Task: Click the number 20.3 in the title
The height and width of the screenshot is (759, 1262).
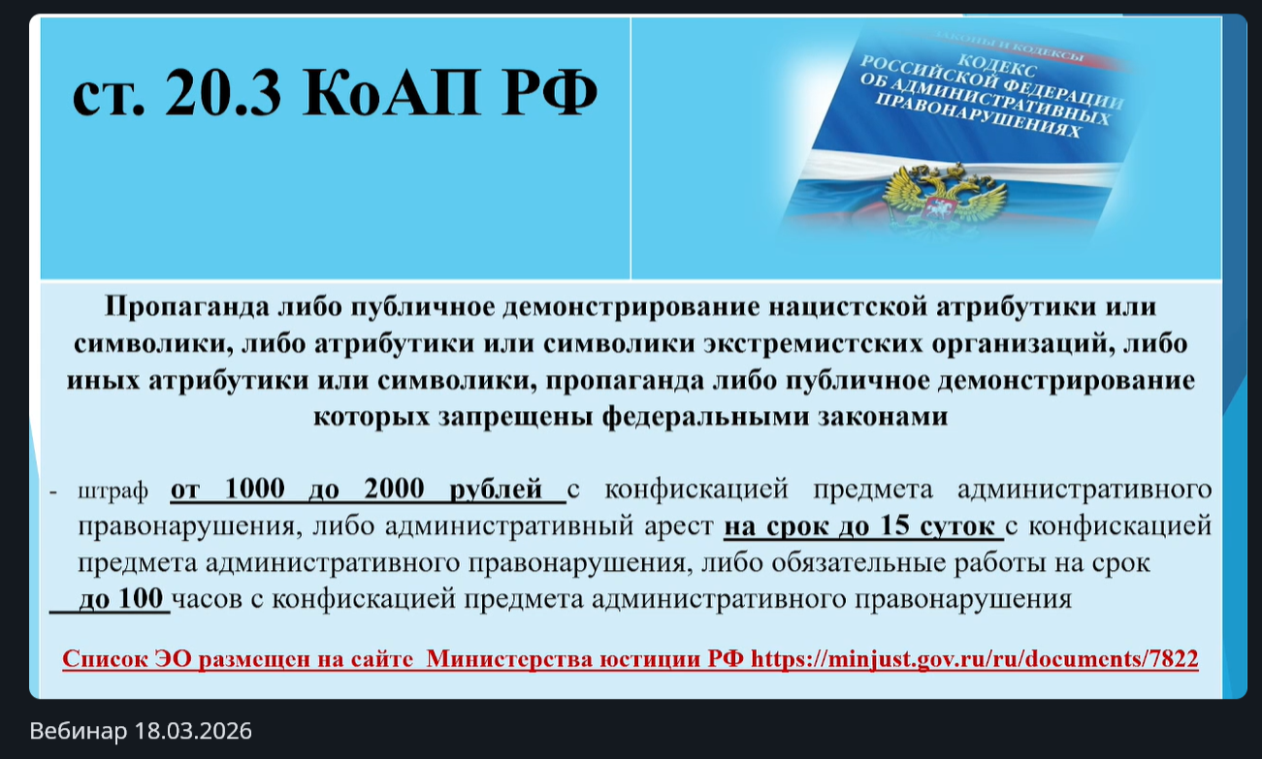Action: point(223,92)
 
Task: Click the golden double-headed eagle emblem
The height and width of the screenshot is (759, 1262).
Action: point(945,194)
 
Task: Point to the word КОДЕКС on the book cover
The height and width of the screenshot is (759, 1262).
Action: point(998,66)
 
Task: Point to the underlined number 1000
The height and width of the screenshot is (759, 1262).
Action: point(255,488)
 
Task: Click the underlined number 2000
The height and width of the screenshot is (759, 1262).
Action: point(394,488)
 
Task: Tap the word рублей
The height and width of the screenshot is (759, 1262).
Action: point(496,490)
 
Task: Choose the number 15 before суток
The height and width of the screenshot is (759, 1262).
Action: point(895,524)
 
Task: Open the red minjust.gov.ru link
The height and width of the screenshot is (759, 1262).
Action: point(975,659)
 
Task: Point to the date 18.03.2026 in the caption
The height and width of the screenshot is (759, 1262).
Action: point(193,731)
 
